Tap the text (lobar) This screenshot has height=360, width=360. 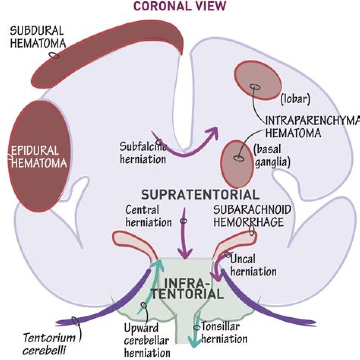(295, 98)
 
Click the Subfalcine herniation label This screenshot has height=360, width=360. (143, 153)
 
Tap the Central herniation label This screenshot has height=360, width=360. (142, 215)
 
